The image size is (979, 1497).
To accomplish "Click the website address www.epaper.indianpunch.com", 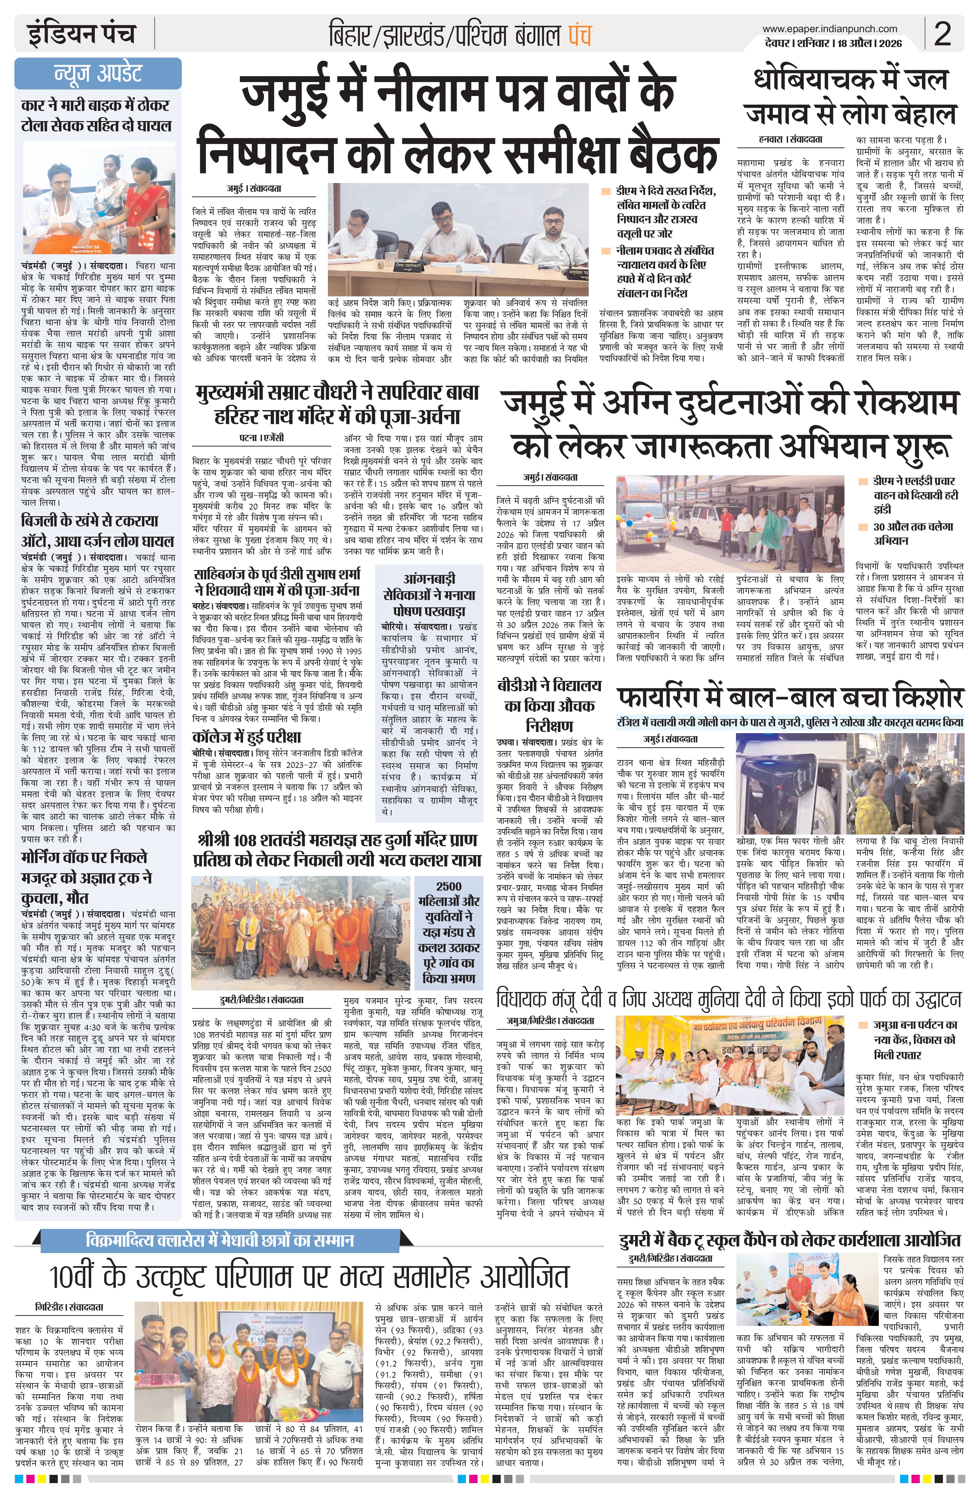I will (x=829, y=28).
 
